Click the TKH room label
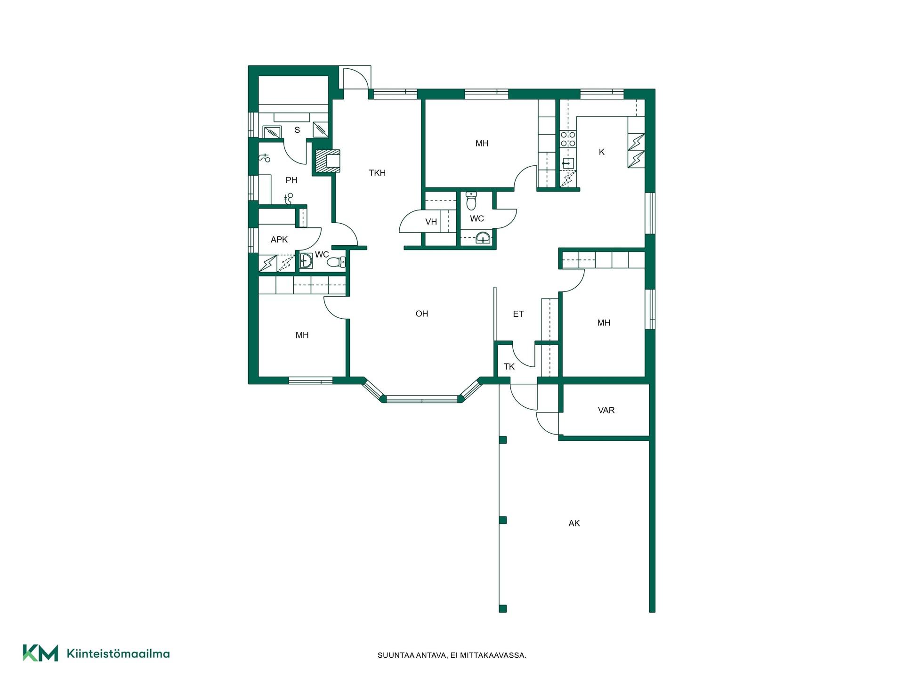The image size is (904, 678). pos(377,173)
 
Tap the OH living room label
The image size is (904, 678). pos(422,314)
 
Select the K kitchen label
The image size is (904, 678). pos(601,152)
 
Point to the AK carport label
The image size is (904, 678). pos(574,523)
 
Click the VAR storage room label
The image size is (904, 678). pos(606,410)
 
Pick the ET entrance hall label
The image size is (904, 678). pos(518,314)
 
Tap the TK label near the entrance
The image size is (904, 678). pos(509,367)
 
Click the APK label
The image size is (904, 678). pos(279,240)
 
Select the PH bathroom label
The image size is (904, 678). pos(291,180)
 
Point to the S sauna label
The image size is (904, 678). pos(297,130)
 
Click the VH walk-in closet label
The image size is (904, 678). pos(431,222)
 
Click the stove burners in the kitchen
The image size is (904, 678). pos(568,139)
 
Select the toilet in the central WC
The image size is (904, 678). pos(471,201)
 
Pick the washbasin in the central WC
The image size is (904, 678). pos(482,238)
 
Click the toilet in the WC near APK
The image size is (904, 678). pos(336,262)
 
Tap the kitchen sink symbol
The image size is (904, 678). pos(568,164)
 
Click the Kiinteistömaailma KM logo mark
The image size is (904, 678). pos(40,653)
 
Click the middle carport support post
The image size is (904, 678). pos(503,520)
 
